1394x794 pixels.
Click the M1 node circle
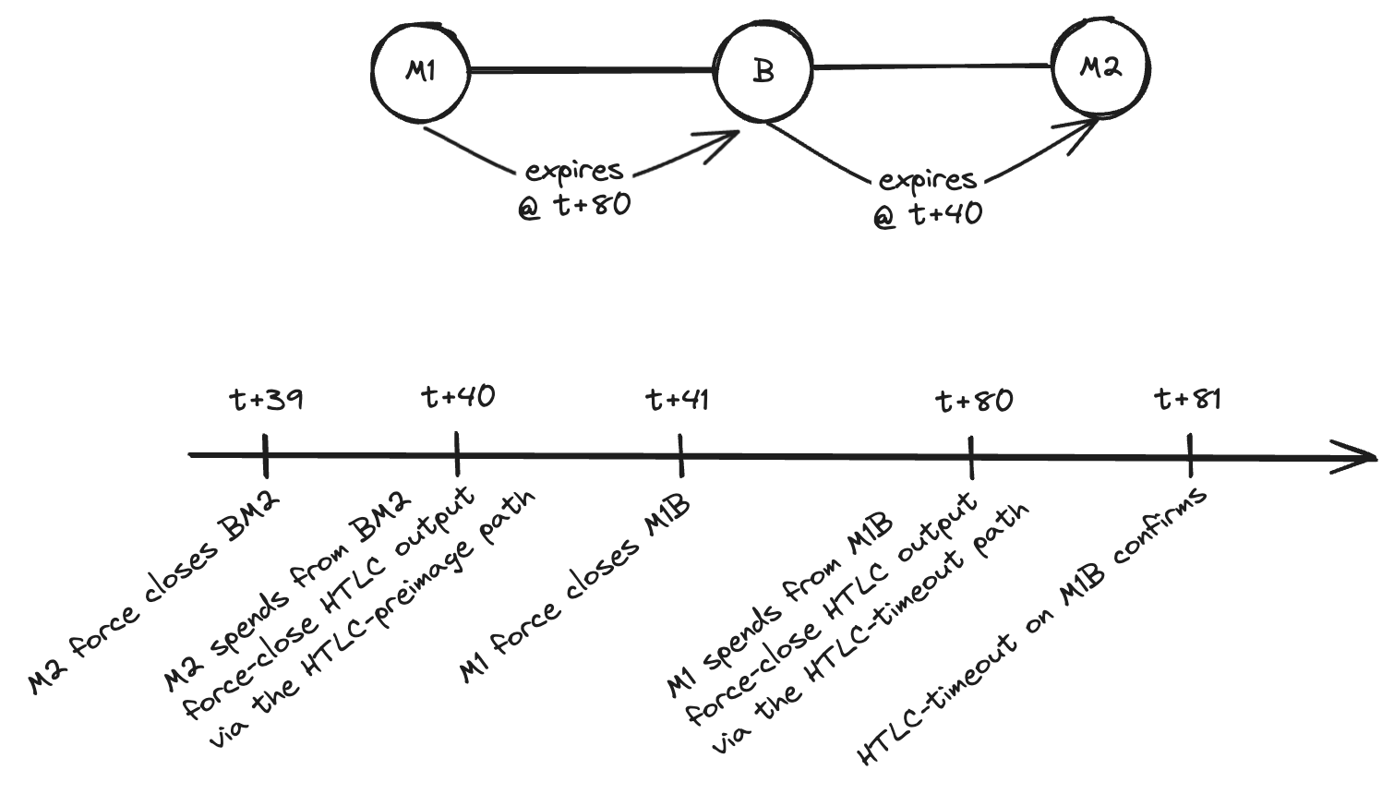pos(421,70)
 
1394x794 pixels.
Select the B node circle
pos(763,70)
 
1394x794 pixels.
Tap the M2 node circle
pos(1100,67)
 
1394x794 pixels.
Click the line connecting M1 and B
pos(591,69)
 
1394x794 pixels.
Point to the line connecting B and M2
pos(932,66)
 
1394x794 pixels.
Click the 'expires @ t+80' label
pos(574,187)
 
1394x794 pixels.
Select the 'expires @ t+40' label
pos(928,197)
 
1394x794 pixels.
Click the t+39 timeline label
pos(266,400)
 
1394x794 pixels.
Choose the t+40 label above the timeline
pos(458,397)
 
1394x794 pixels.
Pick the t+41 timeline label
pos(678,400)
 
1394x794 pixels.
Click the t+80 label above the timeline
pos(974,401)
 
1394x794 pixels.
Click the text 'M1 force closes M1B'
pos(576,591)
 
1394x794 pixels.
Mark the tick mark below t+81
pos(1190,455)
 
